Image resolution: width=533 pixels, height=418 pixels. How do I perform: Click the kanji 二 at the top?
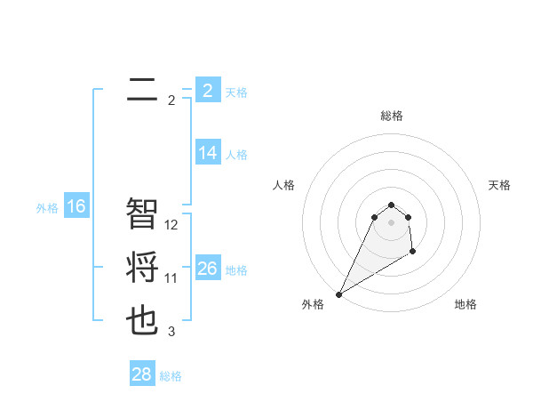coord(142,90)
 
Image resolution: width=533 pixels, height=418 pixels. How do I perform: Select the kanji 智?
coord(142,213)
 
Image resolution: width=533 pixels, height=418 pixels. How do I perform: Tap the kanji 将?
coord(142,269)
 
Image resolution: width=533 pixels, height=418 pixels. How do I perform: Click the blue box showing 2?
coord(207,91)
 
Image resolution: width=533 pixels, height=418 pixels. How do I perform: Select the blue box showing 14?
coord(207,153)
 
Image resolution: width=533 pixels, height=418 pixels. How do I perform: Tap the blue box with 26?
coord(207,269)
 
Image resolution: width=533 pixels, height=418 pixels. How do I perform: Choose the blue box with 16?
coord(76,207)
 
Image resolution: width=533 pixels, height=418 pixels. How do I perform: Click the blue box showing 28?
coord(141,374)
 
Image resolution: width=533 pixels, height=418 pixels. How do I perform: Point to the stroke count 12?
coord(172,225)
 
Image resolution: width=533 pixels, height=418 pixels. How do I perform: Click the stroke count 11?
coord(171,278)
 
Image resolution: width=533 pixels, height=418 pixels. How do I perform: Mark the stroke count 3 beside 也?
coord(171,332)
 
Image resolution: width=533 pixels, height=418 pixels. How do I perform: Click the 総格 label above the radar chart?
coord(391,116)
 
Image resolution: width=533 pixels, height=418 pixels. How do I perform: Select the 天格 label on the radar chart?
coord(499,185)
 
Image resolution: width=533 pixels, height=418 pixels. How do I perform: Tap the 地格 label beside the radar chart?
coord(465,304)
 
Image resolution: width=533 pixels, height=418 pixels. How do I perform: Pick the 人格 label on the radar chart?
coord(284,185)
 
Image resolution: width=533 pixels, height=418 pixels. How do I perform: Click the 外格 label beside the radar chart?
coord(313,304)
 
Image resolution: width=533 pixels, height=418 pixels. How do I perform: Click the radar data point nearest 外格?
coord(339,293)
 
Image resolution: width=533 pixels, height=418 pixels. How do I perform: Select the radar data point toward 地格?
coord(413,253)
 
